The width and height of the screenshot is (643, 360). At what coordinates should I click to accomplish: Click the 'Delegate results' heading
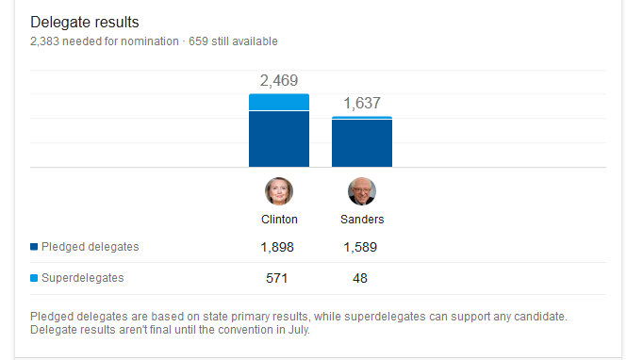click(85, 22)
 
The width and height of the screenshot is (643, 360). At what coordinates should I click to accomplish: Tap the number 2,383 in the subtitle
click(44, 41)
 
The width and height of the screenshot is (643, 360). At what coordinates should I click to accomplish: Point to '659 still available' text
click(233, 41)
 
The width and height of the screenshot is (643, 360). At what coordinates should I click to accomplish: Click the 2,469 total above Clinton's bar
click(279, 80)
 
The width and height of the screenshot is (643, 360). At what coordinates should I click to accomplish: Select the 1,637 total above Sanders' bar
click(362, 104)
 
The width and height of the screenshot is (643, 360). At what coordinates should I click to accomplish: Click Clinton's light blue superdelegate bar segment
click(279, 102)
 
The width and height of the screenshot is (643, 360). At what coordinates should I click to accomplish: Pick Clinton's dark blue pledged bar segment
click(279, 139)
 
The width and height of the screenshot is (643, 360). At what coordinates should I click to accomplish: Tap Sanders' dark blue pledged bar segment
click(362, 143)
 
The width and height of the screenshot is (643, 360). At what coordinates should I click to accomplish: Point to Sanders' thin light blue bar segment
click(362, 118)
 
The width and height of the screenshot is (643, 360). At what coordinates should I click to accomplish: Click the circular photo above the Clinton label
click(279, 191)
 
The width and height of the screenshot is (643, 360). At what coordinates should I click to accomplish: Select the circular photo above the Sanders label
click(362, 191)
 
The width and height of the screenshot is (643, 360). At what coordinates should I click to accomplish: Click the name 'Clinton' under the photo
click(279, 220)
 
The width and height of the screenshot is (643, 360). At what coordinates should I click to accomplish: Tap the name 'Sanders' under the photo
click(362, 220)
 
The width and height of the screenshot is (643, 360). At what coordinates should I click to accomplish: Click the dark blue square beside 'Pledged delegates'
click(34, 246)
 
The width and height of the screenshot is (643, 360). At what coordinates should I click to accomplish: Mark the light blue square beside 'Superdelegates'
click(34, 278)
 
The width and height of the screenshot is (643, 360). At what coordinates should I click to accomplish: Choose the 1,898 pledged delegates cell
click(277, 247)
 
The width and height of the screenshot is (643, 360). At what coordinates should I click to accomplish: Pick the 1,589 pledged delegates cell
click(360, 247)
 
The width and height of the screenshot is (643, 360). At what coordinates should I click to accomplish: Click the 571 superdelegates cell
click(277, 278)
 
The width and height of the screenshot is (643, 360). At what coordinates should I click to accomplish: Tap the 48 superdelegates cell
click(360, 278)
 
